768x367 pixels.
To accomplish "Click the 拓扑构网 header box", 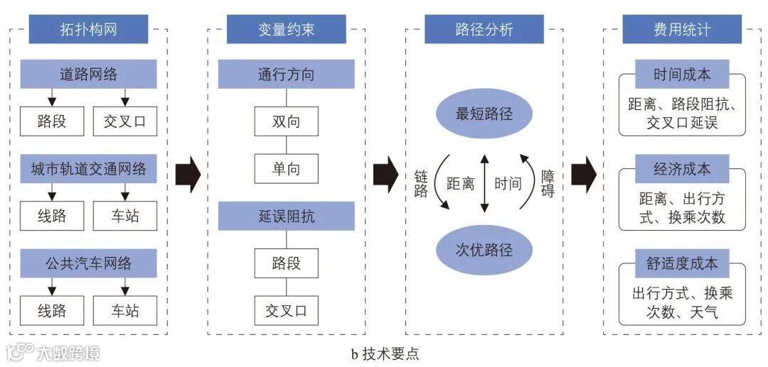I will point(88,30).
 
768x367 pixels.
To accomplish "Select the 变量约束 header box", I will point(286,30).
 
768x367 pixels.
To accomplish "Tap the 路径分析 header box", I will point(484,30).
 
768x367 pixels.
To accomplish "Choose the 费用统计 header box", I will point(681,30).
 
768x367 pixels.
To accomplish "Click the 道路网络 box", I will point(88,74).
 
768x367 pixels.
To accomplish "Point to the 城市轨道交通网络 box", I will point(88,169).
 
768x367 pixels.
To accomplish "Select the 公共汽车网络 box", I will point(88,263).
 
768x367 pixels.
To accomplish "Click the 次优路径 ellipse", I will point(484,249).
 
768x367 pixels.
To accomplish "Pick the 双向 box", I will point(286,121).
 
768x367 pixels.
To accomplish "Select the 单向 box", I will point(286,169).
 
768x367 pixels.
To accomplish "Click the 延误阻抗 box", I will point(286,216).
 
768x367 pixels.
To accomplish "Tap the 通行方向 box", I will point(286,74).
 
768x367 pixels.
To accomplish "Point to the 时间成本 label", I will point(682,75).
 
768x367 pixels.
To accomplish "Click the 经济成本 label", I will point(682,170).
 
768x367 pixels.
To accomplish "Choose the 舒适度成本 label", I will point(682,263).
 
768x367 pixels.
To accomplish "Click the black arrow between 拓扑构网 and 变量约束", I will point(188,173).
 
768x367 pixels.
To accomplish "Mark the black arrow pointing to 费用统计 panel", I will point(583,173).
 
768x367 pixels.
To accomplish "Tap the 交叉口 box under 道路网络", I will point(125,121).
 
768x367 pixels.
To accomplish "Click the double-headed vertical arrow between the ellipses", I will point(484,182).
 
